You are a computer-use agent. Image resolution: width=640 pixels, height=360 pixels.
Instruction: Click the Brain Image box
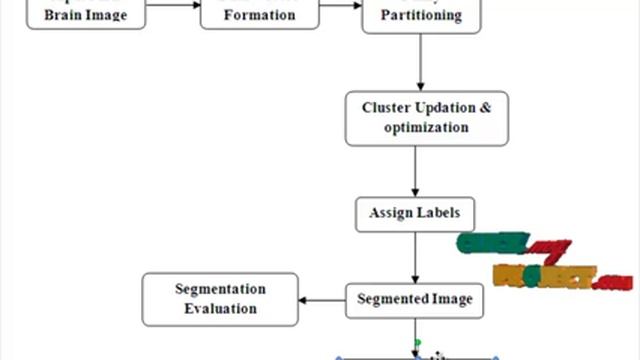85,14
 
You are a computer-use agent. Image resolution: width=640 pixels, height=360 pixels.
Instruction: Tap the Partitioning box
422,14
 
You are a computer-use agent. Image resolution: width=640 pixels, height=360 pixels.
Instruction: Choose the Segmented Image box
414,298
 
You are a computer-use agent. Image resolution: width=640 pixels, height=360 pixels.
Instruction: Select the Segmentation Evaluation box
220,298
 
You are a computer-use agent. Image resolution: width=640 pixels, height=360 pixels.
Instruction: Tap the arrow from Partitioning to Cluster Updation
420,60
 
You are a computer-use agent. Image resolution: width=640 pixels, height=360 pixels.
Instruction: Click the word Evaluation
220,309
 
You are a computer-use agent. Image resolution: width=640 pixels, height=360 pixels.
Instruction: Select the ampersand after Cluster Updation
486,107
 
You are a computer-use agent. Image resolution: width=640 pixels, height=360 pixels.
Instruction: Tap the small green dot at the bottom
418,343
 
